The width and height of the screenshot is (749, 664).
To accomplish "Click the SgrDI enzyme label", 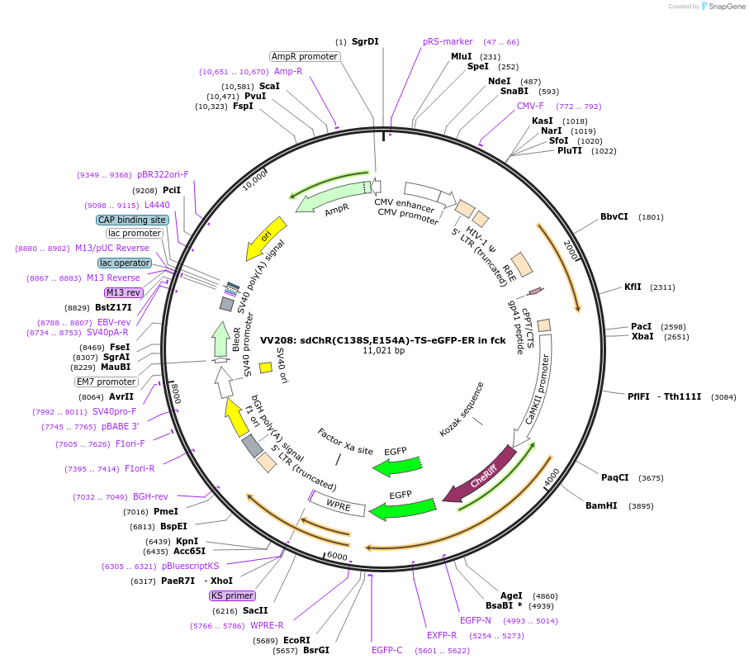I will coord(364,41).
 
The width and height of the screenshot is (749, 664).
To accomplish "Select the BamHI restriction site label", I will coord(600,505).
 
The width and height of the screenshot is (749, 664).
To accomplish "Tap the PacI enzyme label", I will coord(641,326).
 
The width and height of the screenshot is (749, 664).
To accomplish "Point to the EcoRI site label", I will coord(296,640).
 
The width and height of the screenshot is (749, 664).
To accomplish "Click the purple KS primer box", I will coord(232,595).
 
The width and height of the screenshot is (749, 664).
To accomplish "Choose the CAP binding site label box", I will coord(132,220).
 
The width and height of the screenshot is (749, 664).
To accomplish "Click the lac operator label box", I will coord(125,263).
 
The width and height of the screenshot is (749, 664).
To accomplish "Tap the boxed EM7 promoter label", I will coord(107,382).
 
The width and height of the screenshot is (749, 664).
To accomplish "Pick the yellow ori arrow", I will coord(268,239).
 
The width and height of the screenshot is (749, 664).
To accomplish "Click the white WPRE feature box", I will coord(339,504).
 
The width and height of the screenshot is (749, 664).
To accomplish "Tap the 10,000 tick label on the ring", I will coord(255,180).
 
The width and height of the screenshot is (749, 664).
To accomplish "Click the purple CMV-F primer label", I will coord(530,106).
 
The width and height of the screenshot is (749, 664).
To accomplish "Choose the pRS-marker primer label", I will coord(448,41).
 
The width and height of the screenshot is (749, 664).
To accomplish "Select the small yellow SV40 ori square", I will coord(265,368).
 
